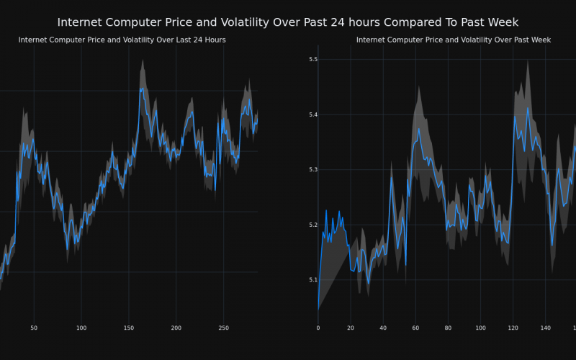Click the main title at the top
pyautogui.click(x=287, y=22)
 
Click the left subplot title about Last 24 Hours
pyautogui.click(x=122, y=40)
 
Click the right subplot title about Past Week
pyautogui.click(x=453, y=40)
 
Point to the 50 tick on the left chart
pyautogui.click(x=34, y=328)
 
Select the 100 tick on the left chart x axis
pyautogui.click(x=81, y=328)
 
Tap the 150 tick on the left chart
pyautogui.click(x=129, y=328)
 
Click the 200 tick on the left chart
pyautogui.click(x=176, y=328)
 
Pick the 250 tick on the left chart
pyautogui.click(x=224, y=328)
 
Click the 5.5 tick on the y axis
pyautogui.click(x=313, y=60)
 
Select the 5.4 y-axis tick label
pyautogui.click(x=313, y=115)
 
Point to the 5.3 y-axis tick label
pyautogui.click(x=313, y=170)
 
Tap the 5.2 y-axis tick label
pyautogui.click(x=313, y=225)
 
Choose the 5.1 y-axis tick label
pyautogui.click(x=313, y=280)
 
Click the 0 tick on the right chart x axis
pyautogui.click(x=318, y=328)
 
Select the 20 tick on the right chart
pyautogui.click(x=351, y=328)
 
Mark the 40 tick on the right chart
pyautogui.click(x=383, y=328)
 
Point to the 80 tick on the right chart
pyautogui.click(x=448, y=328)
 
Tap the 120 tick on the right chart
pyautogui.click(x=513, y=328)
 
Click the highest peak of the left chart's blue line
pyautogui.click(x=142, y=88)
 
